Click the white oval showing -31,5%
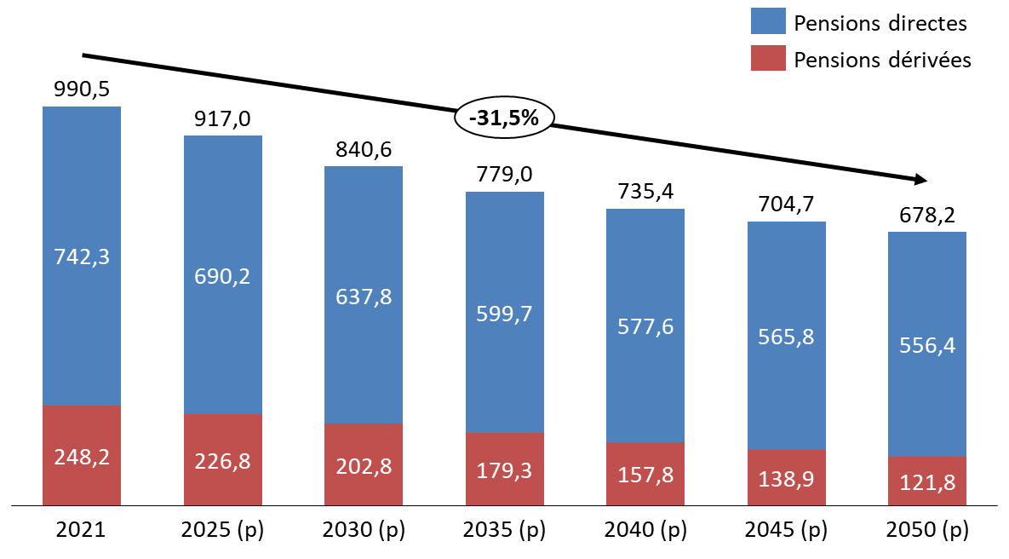(x=505, y=118)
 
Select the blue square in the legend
(x=768, y=20)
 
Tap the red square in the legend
(x=768, y=58)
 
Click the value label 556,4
(x=927, y=345)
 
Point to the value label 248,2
(x=82, y=457)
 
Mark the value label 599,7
(x=505, y=314)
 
